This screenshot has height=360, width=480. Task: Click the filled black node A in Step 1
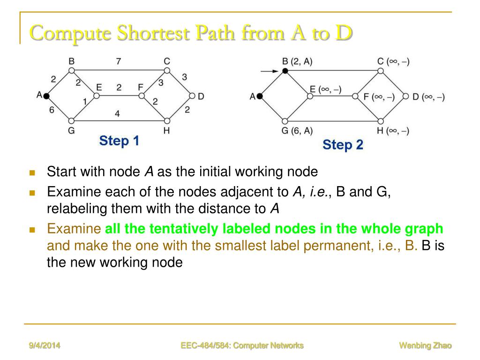46,96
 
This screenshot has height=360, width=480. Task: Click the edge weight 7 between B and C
118,61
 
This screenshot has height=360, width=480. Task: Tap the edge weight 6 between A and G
52,110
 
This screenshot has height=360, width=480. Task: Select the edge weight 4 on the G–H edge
117,113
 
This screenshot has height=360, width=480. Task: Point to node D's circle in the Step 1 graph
191,96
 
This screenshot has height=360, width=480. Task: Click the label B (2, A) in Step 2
297,61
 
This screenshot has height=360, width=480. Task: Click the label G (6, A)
297,131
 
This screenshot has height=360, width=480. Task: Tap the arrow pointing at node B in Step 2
270,71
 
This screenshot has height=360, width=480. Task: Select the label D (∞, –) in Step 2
428,97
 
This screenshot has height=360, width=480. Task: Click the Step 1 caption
119,141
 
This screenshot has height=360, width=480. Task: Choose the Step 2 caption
343,145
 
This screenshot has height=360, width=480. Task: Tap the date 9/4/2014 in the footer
45,346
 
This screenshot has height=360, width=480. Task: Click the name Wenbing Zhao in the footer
425,346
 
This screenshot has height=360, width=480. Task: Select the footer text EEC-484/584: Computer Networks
242,346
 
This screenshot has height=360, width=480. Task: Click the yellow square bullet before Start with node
32,172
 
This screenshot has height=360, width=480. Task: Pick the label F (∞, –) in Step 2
379,97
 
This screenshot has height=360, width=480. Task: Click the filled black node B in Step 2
285,71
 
